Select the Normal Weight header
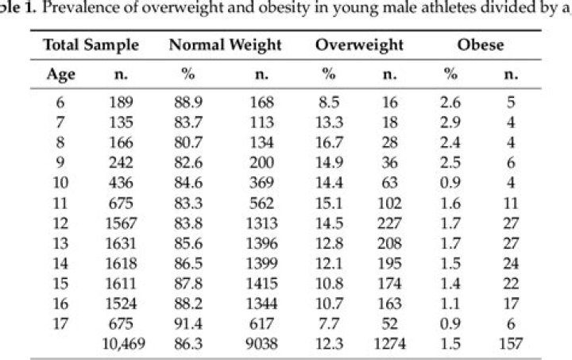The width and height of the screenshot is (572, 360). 225,45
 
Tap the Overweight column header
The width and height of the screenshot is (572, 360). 359,45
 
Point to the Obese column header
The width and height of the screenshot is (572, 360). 480,45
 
